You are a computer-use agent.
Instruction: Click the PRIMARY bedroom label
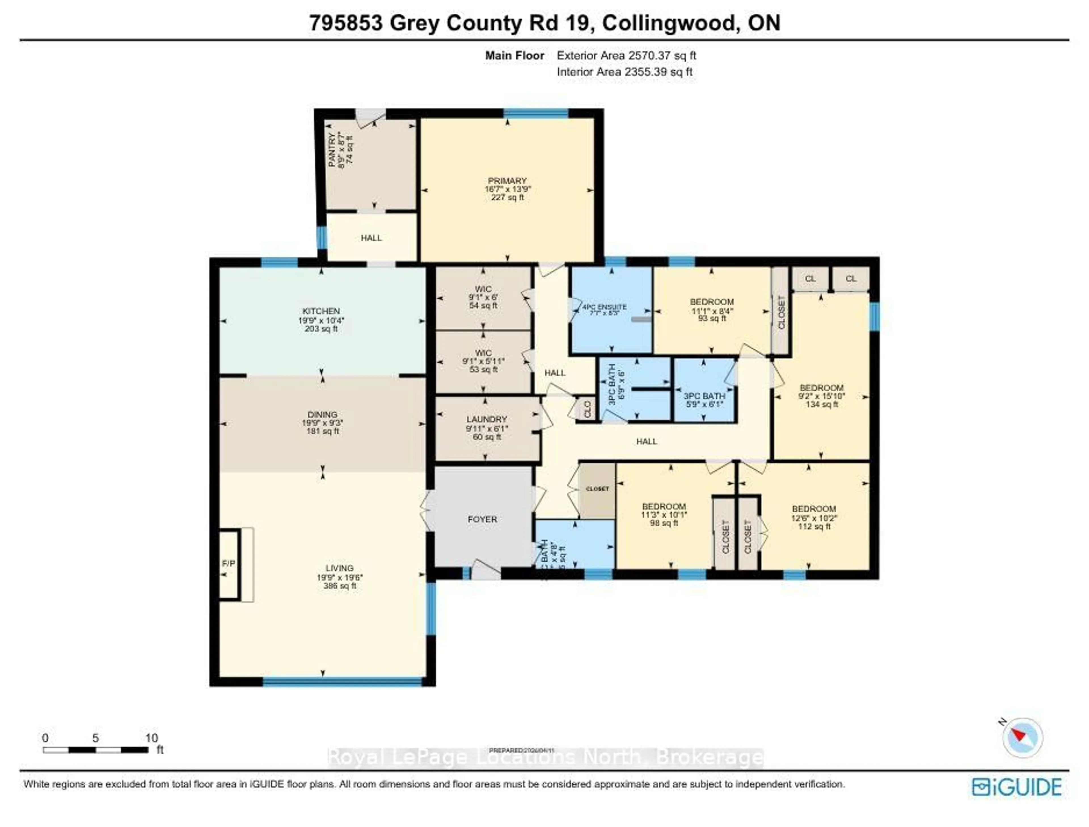(507, 181)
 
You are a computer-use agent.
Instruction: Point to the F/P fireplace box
(228, 563)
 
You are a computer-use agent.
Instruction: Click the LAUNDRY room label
(486, 419)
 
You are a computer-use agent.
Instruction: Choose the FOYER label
(482, 519)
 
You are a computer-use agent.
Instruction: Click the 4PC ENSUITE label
(605, 307)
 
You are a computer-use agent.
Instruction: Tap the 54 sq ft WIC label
(483, 297)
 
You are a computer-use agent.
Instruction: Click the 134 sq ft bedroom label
(821, 396)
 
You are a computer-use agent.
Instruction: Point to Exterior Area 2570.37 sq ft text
(626, 56)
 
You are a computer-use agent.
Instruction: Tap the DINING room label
(322, 415)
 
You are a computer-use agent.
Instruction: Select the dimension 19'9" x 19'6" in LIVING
(340, 577)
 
